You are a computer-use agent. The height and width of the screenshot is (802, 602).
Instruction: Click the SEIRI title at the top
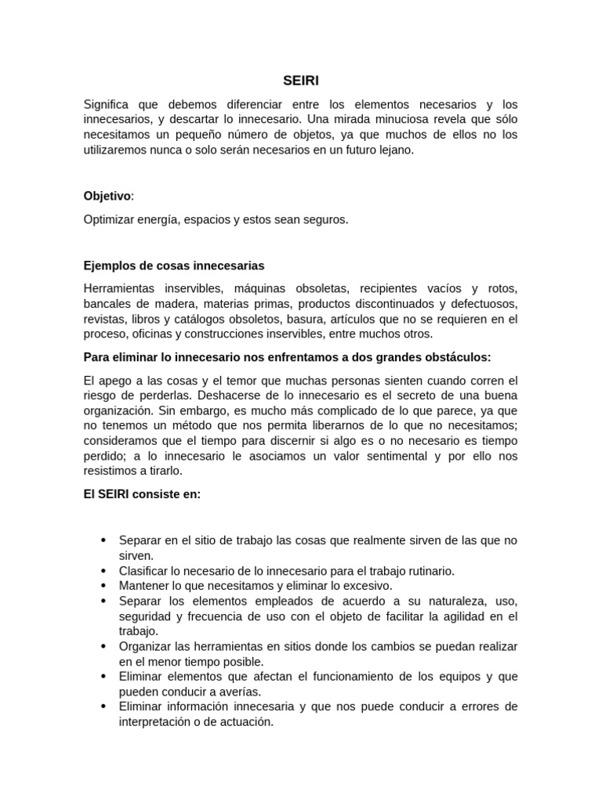[301, 80]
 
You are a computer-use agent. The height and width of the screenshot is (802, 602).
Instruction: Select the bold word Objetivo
[107, 196]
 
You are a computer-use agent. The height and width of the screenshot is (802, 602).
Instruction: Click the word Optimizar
[109, 220]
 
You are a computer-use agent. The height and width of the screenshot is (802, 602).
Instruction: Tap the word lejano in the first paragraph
[393, 149]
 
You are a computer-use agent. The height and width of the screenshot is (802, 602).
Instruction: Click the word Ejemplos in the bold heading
[108, 266]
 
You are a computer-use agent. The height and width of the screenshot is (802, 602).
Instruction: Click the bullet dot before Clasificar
[103, 571]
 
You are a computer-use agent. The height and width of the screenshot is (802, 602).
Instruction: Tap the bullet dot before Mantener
[103, 586]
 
